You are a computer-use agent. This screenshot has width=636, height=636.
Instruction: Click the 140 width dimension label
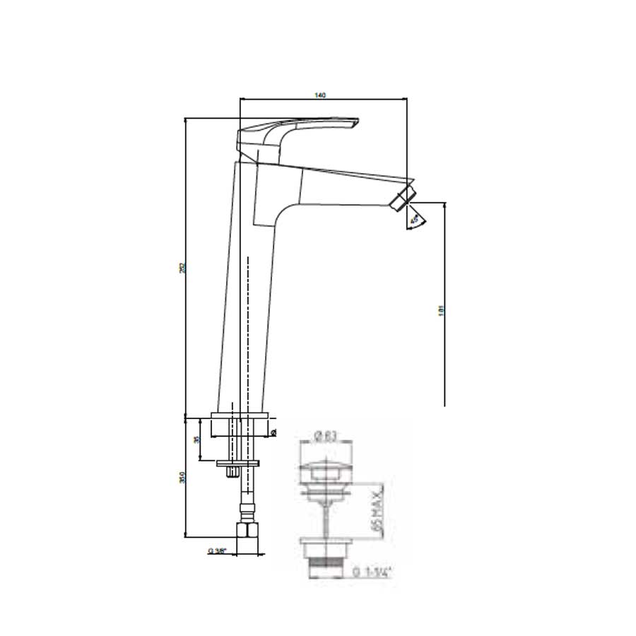click(x=322, y=96)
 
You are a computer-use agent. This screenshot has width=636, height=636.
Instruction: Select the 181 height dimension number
click(x=440, y=308)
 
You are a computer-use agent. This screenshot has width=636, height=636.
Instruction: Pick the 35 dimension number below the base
click(x=197, y=440)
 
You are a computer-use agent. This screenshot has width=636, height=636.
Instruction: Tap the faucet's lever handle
click(x=297, y=131)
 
